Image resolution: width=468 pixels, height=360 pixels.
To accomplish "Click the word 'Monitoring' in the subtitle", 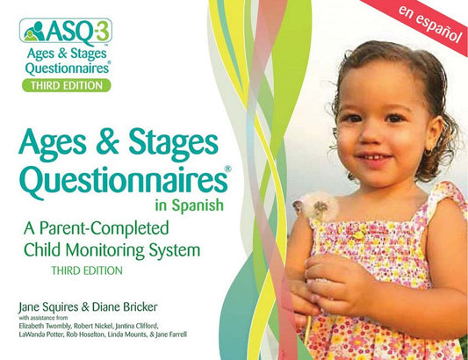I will (x=114, y=248).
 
